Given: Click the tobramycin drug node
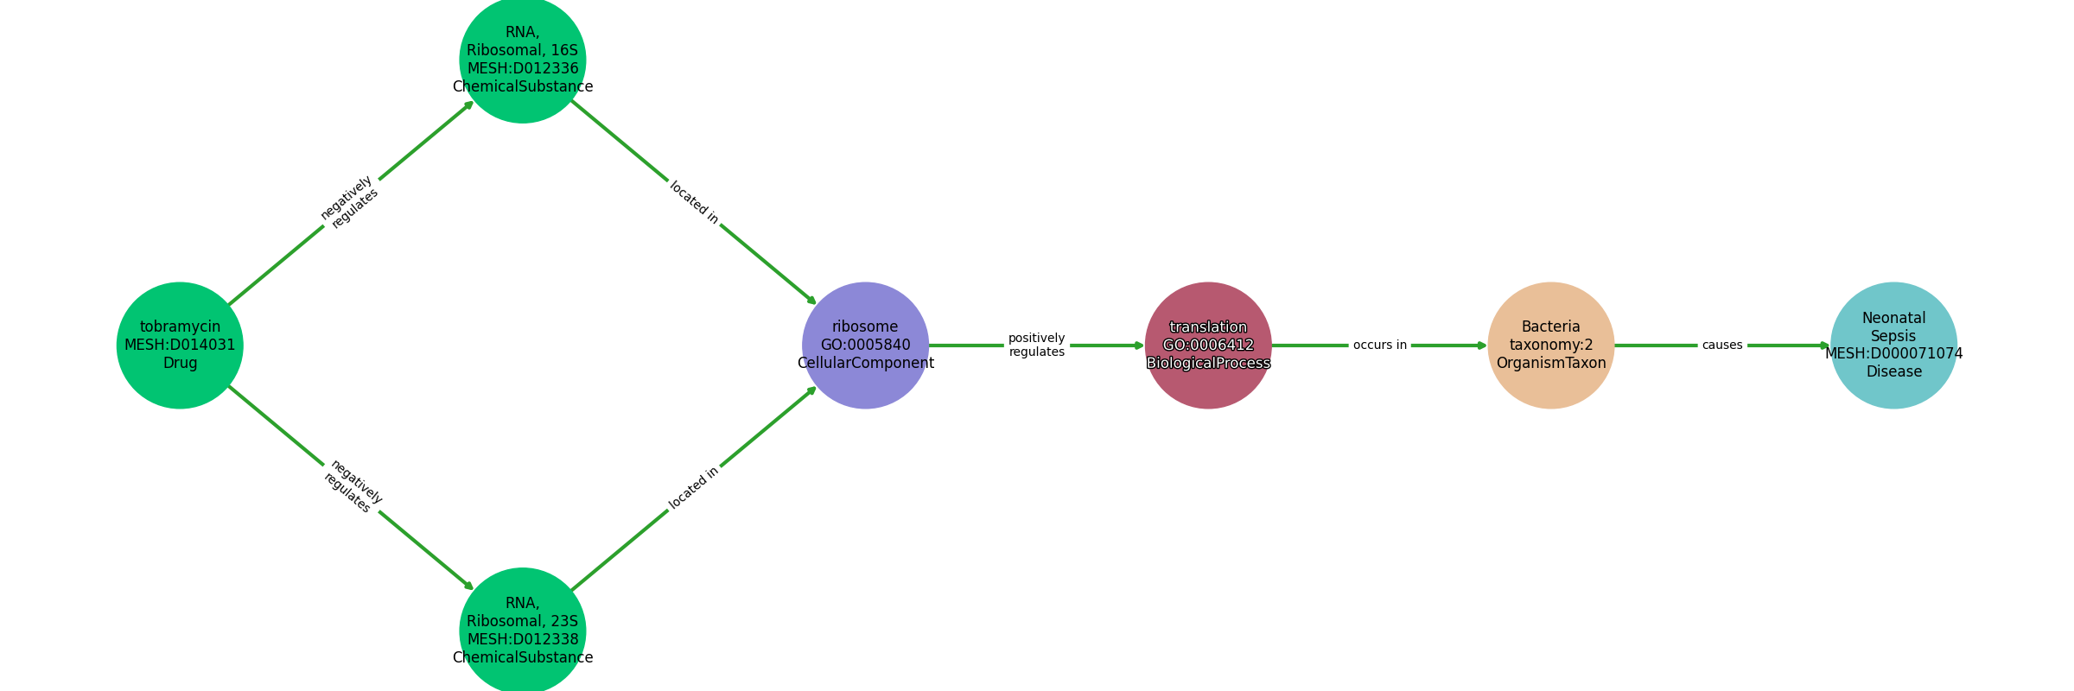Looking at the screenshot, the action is coord(180,345).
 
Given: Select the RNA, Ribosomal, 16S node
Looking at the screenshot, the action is coord(523,60).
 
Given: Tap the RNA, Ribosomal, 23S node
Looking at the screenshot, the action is coord(523,631).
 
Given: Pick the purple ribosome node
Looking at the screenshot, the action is coord(866,345).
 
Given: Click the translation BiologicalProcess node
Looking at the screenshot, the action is coord(1208,345).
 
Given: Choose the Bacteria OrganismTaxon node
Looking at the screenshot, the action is coord(1551,345).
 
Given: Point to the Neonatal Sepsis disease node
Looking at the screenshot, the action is coord(1894,345).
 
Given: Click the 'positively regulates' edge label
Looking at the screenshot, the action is coord(1037,345).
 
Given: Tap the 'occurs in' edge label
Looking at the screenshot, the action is coord(1380,345).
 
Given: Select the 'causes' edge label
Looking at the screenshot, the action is coord(1722,345).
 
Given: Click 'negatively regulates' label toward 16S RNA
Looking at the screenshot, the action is coord(350,202).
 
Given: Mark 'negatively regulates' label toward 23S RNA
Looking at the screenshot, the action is coord(352,486).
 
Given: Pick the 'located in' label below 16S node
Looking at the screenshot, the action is coord(694,202).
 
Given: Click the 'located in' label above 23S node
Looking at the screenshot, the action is coord(694,489).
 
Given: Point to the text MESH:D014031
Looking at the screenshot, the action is coord(180,345).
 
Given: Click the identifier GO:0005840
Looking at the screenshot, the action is coord(866,345).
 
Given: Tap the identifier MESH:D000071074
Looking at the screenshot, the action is coord(1894,354).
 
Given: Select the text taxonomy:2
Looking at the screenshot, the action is coord(1551,345).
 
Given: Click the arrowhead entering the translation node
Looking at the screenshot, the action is coord(1140,345).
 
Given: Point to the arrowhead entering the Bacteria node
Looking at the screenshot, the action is coord(1482,345).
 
